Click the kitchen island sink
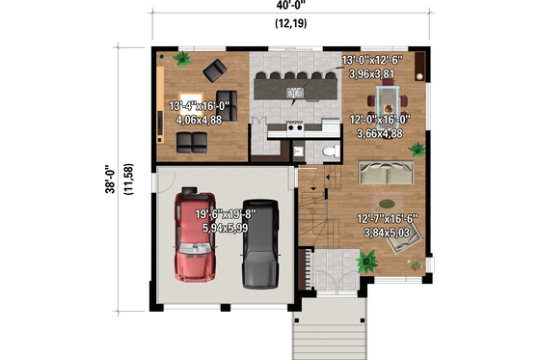click(297, 94)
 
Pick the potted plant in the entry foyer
click(366, 260)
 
